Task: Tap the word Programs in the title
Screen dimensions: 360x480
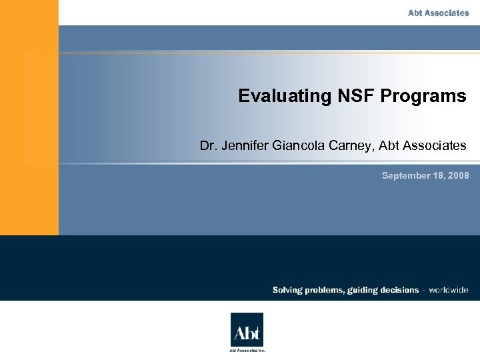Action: pyautogui.click(x=423, y=96)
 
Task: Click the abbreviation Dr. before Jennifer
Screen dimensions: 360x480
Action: pyautogui.click(x=208, y=145)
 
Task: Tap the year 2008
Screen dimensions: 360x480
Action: pyautogui.click(x=459, y=176)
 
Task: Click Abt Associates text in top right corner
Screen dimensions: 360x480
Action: pyautogui.click(x=439, y=13)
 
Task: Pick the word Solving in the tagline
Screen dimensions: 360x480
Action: pyautogui.click(x=287, y=290)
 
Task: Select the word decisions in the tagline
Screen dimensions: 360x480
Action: pyautogui.click(x=399, y=290)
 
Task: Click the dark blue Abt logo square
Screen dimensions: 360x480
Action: pyautogui.click(x=247, y=329)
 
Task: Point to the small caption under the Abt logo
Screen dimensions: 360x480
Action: pyautogui.click(x=247, y=350)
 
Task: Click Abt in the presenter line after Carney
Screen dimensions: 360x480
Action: pyautogui.click(x=391, y=145)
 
